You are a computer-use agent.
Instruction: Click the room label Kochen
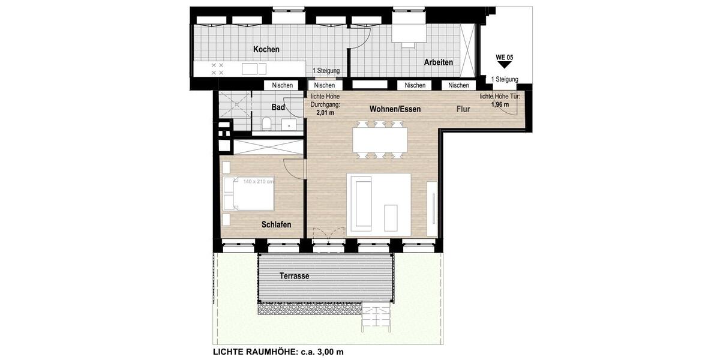click(x=266, y=49)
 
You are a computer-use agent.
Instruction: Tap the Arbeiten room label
click(x=438, y=62)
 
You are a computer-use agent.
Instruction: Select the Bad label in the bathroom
click(x=278, y=107)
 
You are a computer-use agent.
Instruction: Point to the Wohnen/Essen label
click(x=395, y=109)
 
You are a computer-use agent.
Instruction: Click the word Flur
click(x=462, y=109)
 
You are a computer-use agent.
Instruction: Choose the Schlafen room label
click(x=276, y=224)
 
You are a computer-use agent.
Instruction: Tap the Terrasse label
click(x=294, y=276)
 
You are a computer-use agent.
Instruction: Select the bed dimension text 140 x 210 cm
click(x=258, y=181)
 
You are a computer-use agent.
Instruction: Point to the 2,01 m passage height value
click(x=325, y=112)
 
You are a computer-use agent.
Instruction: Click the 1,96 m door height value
click(x=500, y=104)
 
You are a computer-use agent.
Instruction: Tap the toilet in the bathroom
click(x=266, y=124)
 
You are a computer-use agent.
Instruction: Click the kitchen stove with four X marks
click(x=217, y=68)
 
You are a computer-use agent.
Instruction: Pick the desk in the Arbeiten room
click(x=409, y=34)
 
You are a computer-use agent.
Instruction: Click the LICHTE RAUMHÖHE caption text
click(x=278, y=352)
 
